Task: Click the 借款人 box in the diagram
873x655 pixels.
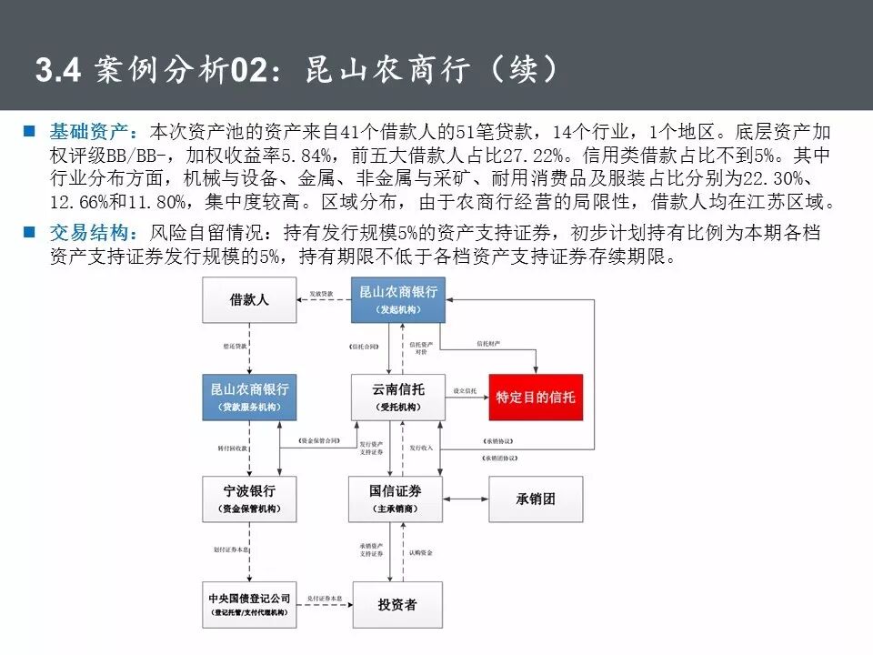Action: point(249,299)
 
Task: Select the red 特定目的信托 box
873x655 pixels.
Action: point(535,398)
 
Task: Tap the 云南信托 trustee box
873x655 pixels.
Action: point(398,398)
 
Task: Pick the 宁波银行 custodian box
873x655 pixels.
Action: point(249,499)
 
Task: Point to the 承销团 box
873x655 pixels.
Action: point(535,498)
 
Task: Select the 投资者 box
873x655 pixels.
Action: point(397,604)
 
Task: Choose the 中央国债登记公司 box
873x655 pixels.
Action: point(249,604)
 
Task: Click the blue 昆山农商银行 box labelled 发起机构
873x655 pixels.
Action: point(398,299)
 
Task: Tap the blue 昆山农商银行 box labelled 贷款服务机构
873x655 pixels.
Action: point(249,398)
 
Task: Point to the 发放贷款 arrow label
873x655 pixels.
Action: point(322,294)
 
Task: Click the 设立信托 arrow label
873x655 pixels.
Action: point(466,391)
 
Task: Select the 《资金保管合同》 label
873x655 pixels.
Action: point(319,440)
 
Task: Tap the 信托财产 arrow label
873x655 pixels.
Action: point(488,344)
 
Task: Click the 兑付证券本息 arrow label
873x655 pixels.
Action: point(325,597)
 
